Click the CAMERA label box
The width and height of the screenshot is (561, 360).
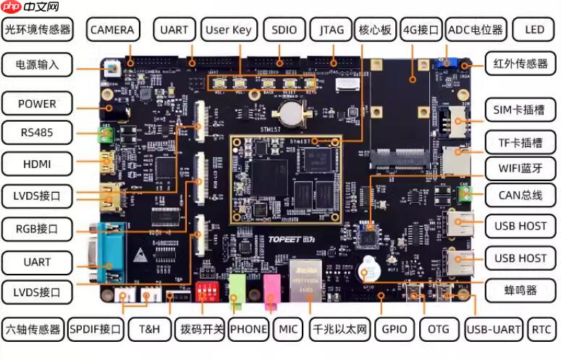[x=112, y=30]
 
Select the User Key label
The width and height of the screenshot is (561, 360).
[x=228, y=30]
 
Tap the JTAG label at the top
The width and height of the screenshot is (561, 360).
[x=332, y=30]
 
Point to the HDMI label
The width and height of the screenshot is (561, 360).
[x=37, y=164]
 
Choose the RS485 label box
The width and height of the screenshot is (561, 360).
[x=37, y=133]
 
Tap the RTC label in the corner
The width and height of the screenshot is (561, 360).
[x=541, y=329]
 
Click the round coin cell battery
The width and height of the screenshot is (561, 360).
[x=292, y=111]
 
